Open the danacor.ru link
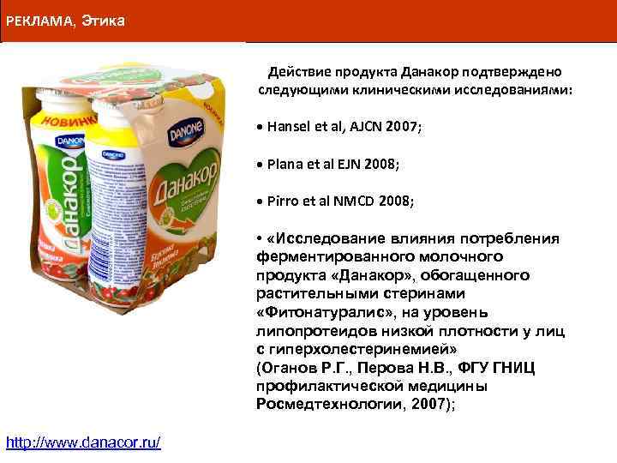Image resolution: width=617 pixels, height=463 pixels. pyautogui.click(x=83, y=442)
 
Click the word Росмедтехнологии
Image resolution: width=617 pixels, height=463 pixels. pyautogui.click(x=316, y=404)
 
